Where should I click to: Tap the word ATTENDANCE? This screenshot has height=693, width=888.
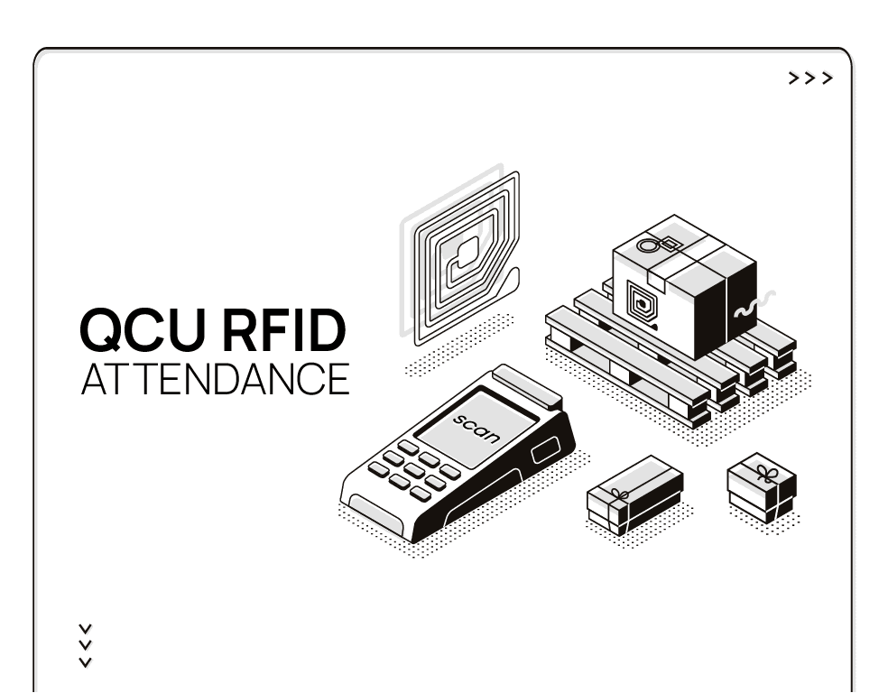point(215,379)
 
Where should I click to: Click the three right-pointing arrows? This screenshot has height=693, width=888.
point(810,79)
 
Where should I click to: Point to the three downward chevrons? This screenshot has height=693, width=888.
point(86,645)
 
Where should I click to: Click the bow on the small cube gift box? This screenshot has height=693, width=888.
point(765,472)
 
